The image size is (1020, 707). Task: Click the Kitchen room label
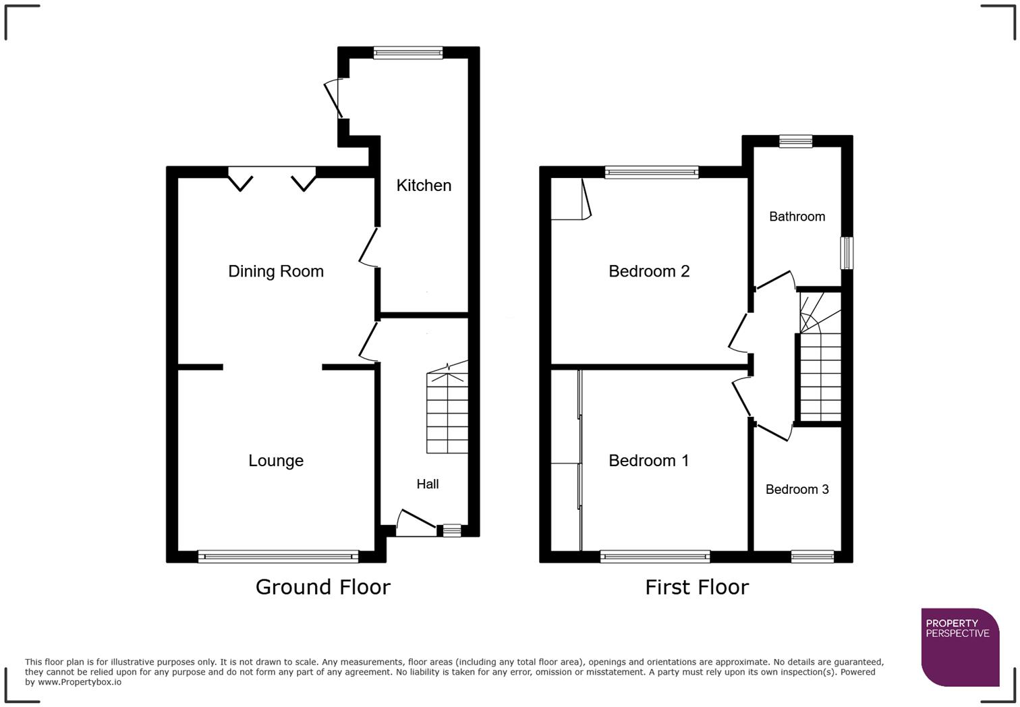[424, 186]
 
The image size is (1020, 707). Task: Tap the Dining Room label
[276, 271]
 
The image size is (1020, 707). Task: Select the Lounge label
[276, 461]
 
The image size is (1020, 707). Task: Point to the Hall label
[428, 484]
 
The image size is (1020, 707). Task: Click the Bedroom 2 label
[649, 271]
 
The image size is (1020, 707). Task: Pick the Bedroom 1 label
[649, 461]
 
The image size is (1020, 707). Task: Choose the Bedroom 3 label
[797, 490]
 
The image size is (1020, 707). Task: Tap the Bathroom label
[797, 217]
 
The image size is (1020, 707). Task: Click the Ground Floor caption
[322, 587]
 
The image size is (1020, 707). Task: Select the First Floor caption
[697, 588]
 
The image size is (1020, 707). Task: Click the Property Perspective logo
[959, 646]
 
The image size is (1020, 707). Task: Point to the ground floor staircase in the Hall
[447, 413]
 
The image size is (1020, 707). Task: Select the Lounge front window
[278, 557]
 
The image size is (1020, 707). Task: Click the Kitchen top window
[408, 53]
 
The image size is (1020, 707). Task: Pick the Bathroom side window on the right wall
[847, 253]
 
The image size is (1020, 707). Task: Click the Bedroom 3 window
[812, 557]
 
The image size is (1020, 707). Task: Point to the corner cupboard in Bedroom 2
[569, 199]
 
